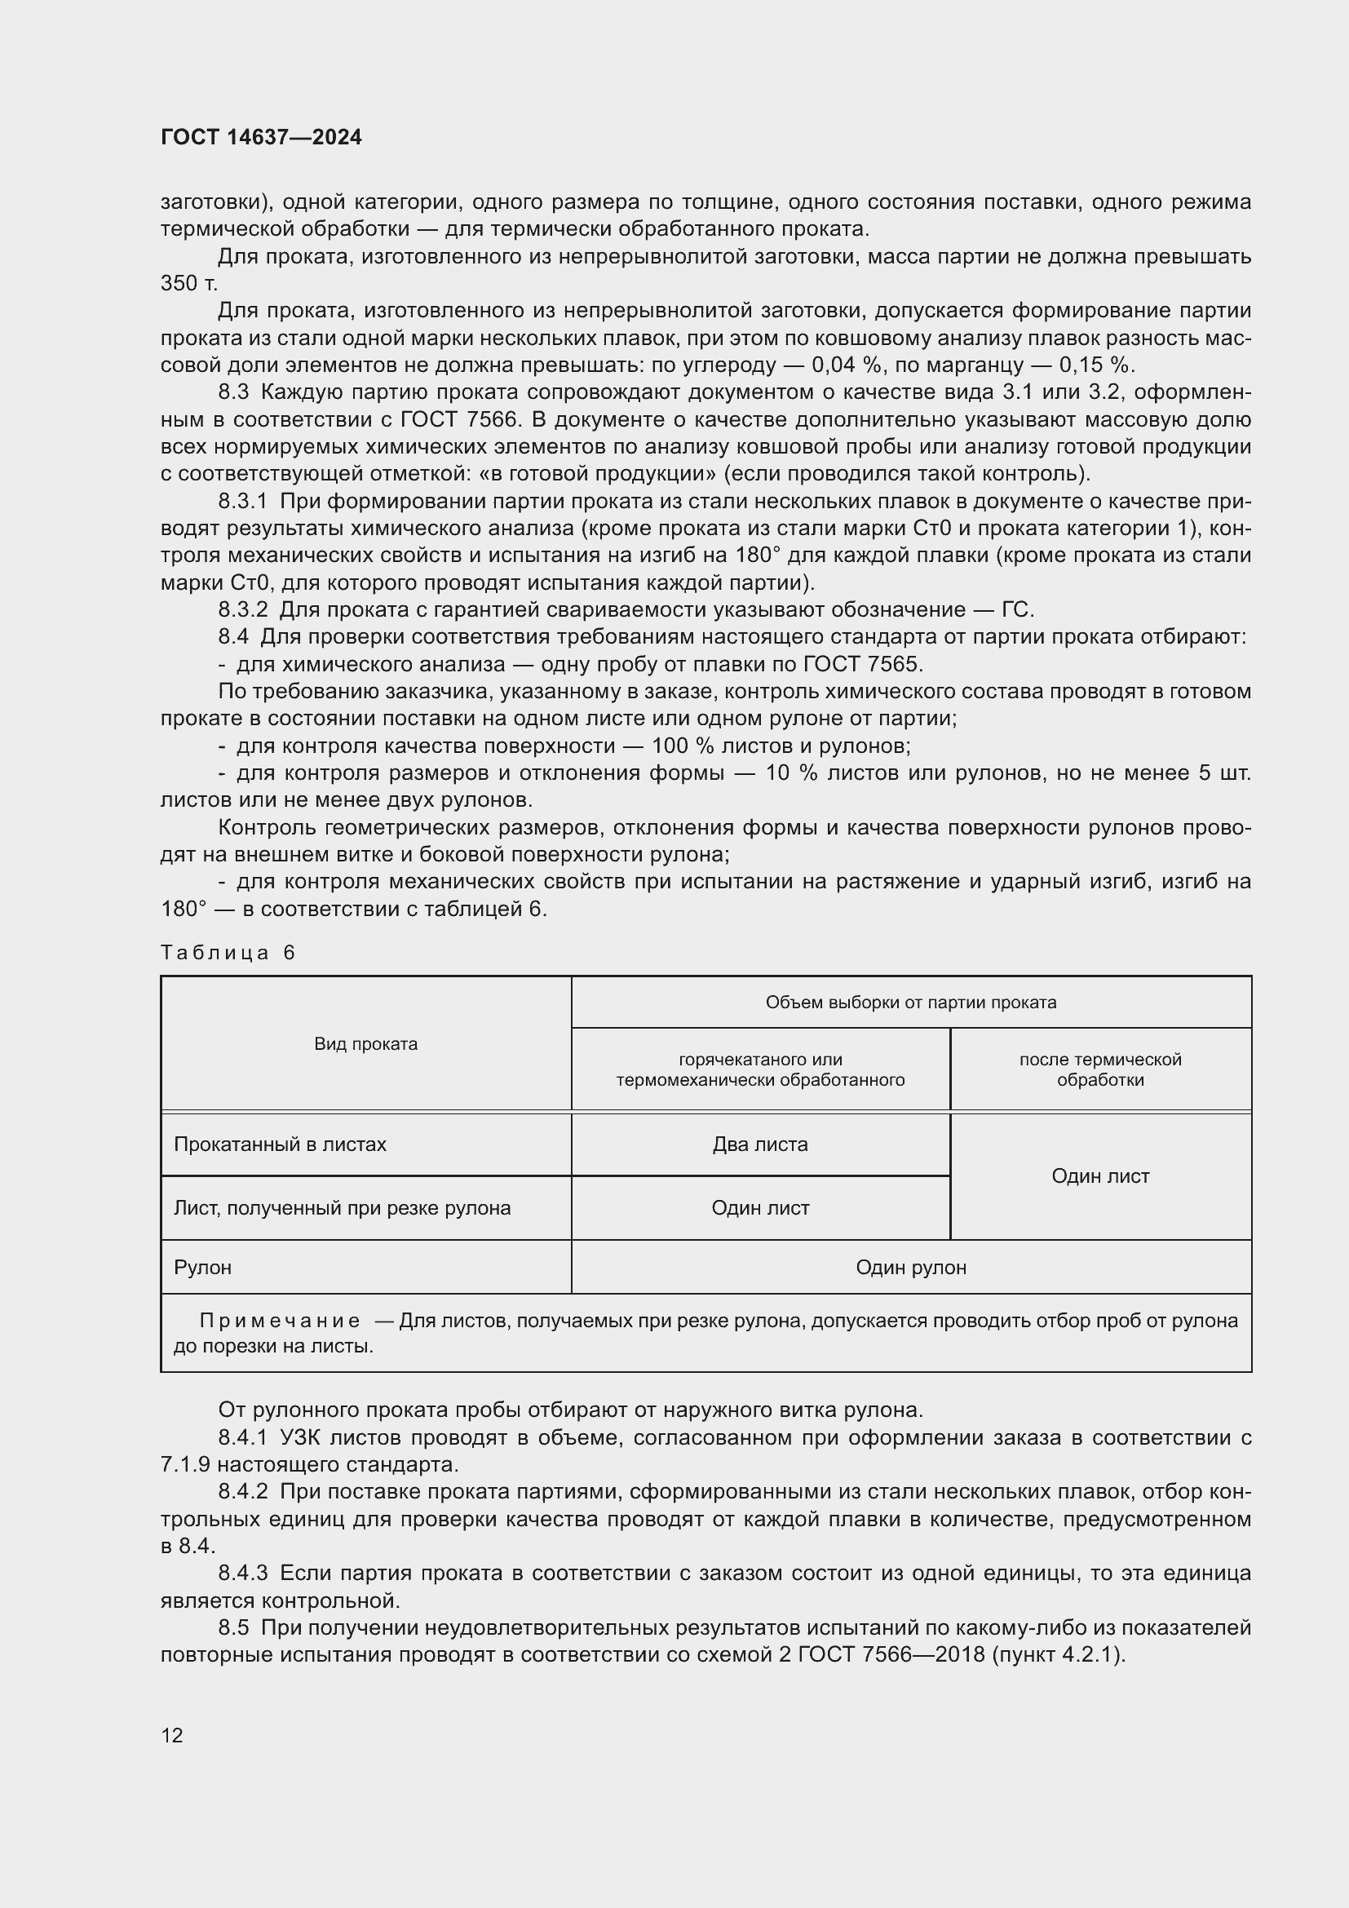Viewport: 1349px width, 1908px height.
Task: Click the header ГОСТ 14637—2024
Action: click(261, 137)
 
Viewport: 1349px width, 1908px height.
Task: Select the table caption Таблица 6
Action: click(228, 952)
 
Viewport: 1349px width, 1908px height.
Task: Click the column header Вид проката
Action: click(365, 1044)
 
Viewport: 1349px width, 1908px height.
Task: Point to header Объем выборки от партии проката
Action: click(910, 1003)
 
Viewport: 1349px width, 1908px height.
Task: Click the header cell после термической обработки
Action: click(1099, 1069)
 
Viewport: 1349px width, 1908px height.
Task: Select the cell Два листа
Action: click(760, 1144)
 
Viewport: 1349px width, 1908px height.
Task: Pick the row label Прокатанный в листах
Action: click(280, 1144)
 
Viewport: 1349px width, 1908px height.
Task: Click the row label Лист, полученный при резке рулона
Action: click(342, 1207)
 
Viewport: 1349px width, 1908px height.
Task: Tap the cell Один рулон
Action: click(910, 1268)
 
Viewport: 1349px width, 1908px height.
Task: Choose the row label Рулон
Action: click(203, 1268)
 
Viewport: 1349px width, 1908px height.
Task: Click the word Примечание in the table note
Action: click(280, 1321)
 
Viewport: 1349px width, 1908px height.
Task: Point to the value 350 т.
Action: click(188, 283)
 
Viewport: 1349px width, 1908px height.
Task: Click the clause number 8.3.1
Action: click(242, 501)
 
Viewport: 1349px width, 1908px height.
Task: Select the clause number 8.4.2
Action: click(242, 1492)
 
